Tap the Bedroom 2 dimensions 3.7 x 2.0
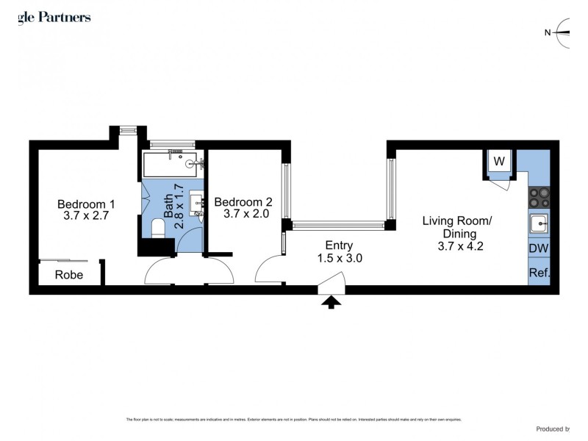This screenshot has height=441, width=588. point(243,214)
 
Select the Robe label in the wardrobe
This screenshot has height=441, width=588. point(69,276)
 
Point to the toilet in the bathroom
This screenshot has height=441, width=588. point(158,229)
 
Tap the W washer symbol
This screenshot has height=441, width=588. point(499,162)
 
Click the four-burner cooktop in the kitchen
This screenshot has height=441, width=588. point(539,196)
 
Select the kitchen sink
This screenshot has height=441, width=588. point(538,223)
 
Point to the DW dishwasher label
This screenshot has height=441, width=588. point(538,249)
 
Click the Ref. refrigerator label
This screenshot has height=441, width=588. point(539,273)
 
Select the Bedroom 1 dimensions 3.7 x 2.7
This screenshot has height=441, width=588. point(86,217)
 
